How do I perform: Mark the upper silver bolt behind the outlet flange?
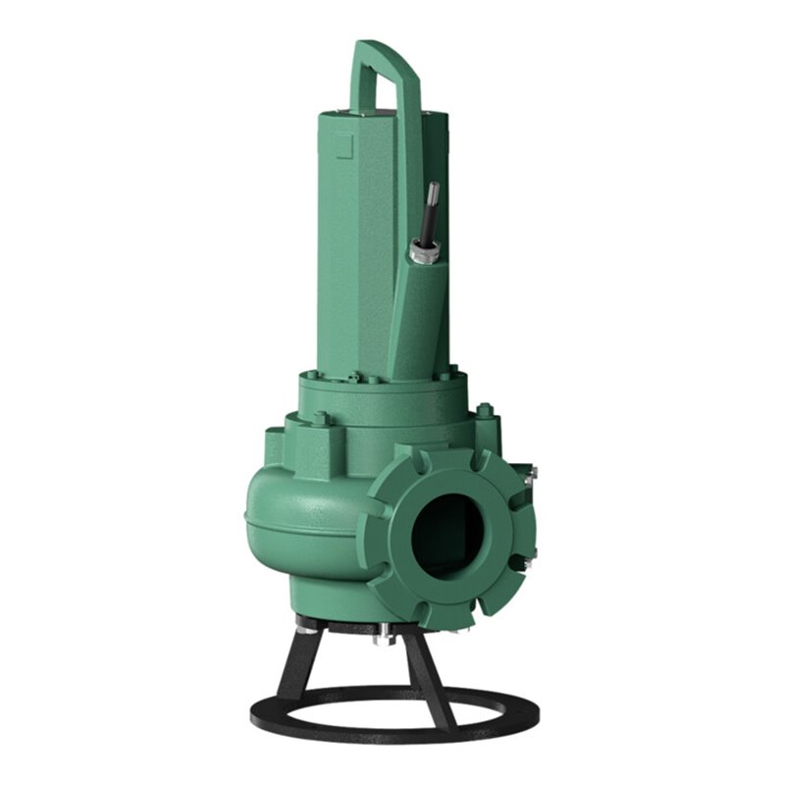pos(531,475)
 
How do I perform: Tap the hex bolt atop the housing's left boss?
pos(320,419)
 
